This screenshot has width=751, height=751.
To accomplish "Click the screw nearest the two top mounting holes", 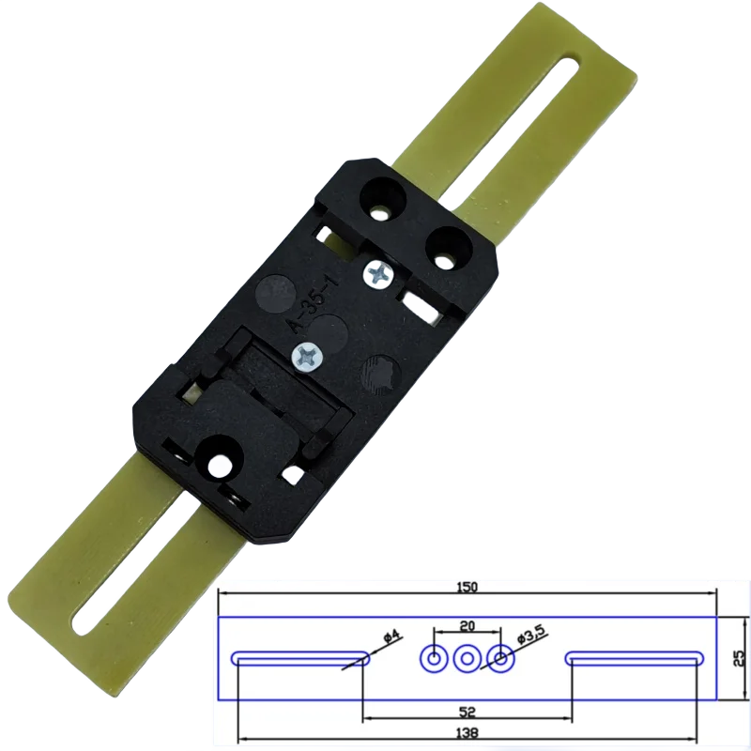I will [x=378, y=274].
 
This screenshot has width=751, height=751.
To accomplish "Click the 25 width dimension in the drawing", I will [x=738, y=658].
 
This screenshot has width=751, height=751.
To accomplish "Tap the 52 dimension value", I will [x=467, y=711].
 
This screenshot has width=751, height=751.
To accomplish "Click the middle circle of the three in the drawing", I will [x=467, y=659].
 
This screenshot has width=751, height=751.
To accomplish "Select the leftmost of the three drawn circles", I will [x=434, y=659].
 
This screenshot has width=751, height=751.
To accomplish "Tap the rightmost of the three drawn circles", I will [x=500, y=659].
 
